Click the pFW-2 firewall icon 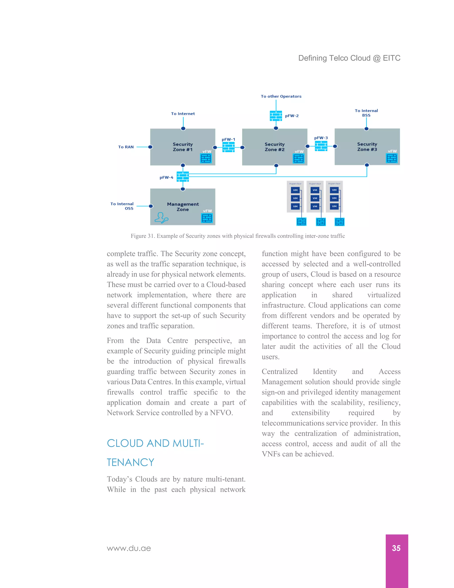pos(276,116)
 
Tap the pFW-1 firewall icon pos(228,147)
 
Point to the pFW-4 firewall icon pos(183,177)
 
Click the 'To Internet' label pos(183,114)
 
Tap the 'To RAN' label pos(126,147)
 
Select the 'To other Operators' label pos(281,96)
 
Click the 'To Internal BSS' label pos(366,113)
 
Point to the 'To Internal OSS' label pos(122,206)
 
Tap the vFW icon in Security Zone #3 pos(392,158)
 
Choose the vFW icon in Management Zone pos(207,218)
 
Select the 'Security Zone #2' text pos(274,147)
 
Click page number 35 pos(396,548)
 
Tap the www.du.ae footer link pos(129,548)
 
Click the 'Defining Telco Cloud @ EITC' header pos(349,58)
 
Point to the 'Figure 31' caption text pos(238,236)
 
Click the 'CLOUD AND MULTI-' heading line pos(155,443)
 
